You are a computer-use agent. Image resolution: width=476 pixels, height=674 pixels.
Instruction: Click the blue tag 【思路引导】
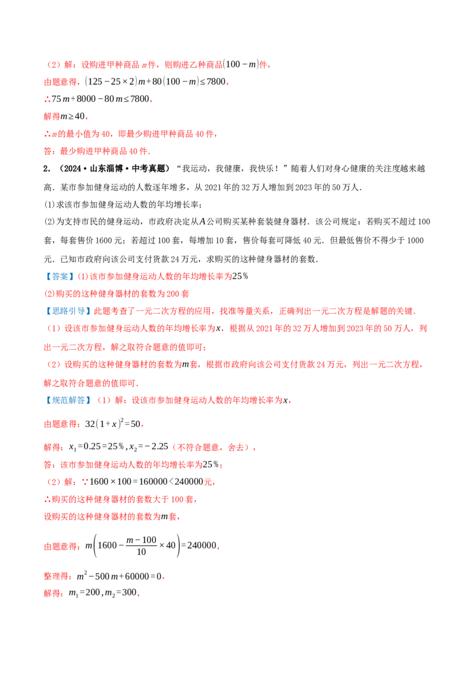[68, 311]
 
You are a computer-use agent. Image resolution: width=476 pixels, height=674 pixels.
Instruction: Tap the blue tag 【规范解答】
[68, 400]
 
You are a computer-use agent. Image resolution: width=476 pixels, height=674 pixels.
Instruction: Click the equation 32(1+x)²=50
[113, 423]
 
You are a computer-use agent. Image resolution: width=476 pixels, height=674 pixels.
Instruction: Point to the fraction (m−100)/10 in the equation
[142, 545]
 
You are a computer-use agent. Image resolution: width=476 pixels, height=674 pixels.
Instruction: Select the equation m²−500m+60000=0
[119, 576]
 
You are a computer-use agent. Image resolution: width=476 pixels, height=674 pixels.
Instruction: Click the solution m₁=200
[84, 593]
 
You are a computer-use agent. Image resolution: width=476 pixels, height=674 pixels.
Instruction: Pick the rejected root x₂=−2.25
[149, 447]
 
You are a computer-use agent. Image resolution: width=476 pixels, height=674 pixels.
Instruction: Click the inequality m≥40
[72, 116]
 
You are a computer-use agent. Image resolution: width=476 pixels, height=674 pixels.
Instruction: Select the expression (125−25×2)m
[115, 81]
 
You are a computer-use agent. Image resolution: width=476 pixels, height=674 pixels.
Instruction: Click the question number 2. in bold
[47, 168]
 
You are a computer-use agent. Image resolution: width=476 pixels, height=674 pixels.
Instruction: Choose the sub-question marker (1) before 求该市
[50, 205]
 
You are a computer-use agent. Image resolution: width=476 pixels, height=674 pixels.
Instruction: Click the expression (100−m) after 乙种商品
[241, 64]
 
